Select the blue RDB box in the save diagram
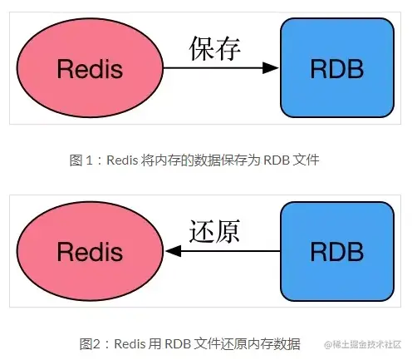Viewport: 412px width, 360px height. pos(336,68)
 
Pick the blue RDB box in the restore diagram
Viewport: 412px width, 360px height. pos(336,249)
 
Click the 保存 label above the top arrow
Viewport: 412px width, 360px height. pos(215,50)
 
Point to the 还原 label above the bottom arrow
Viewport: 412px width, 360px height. pos(214,232)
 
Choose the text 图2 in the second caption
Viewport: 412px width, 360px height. pos(89,343)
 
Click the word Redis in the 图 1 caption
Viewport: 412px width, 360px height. pos(121,161)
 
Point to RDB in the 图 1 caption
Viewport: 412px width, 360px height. pos(276,161)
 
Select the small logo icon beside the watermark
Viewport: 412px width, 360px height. pos(328,344)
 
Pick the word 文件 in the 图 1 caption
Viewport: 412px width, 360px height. pos(306,161)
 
